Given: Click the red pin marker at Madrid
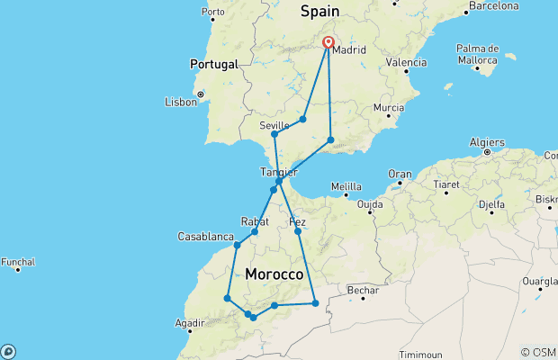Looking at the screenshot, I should click(328, 42).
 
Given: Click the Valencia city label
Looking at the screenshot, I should click(406, 63).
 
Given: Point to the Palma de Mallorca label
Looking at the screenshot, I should click(478, 53).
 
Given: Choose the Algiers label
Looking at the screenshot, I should click(486, 141).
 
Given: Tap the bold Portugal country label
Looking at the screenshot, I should click(213, 65).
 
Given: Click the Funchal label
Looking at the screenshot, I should click(18, 262).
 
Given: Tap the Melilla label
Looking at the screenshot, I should click(346, 187).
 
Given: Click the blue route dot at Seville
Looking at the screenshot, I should click(274, 135).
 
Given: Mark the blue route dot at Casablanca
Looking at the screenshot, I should click(237, 245).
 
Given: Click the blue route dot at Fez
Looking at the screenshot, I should click(297, 231).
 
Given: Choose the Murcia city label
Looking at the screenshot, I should click(388, 107).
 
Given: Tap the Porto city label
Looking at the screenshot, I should click(213, 13).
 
